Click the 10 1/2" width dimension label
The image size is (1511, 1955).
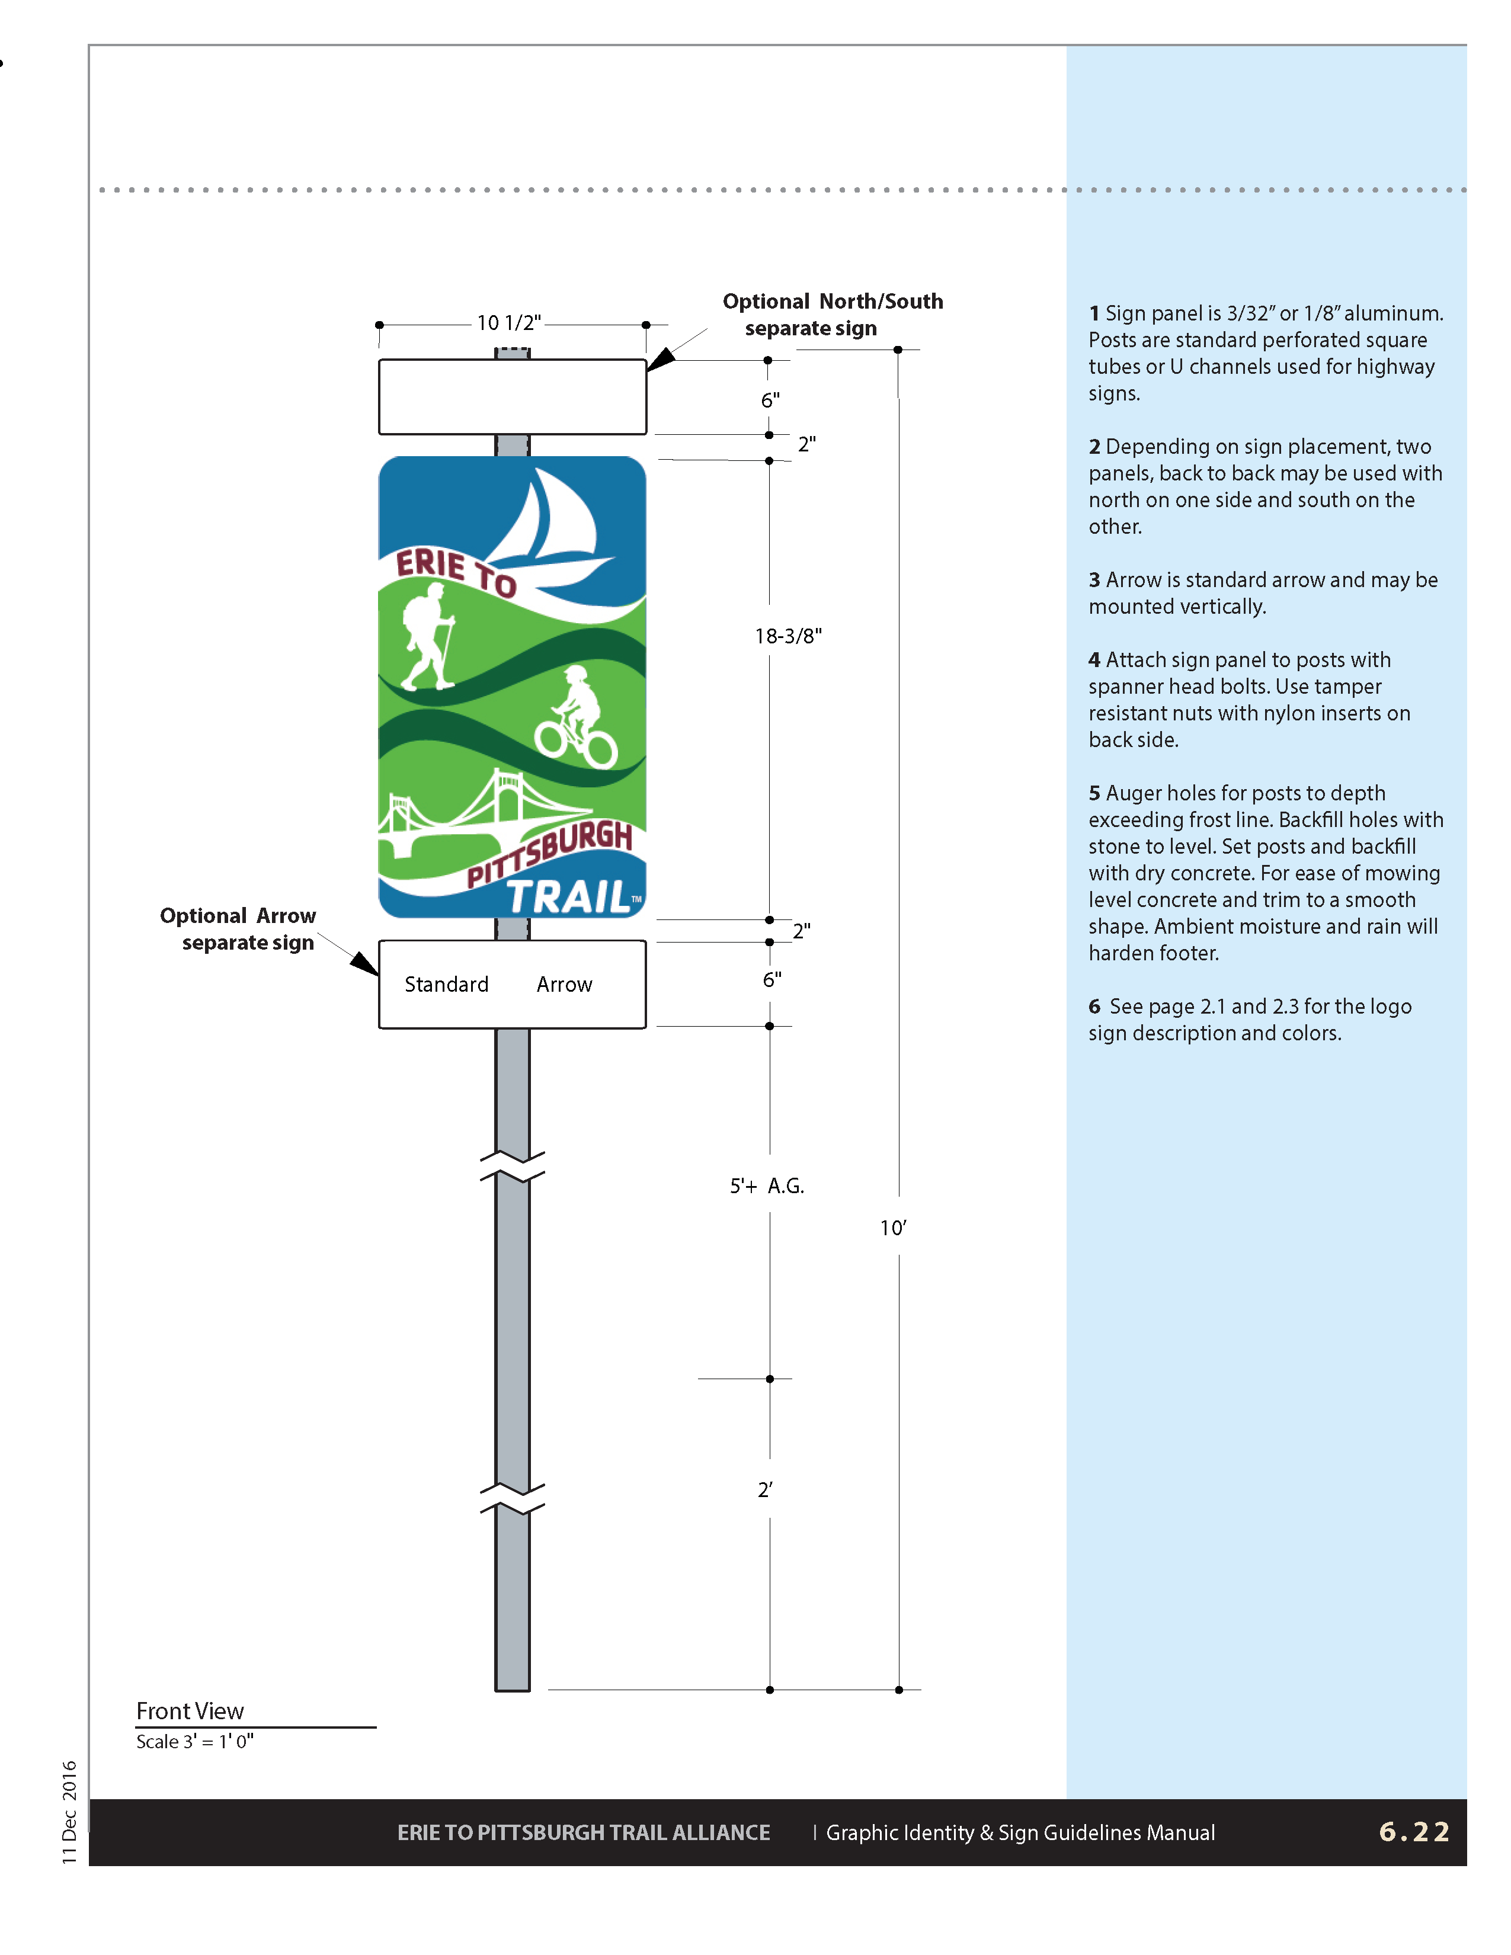coord(508,322)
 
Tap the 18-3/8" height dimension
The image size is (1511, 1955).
coord(787,636)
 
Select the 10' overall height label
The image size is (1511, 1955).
coord(892,1228)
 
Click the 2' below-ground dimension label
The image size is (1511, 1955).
coord(764,1489)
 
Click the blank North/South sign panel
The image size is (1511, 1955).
coord(512,396)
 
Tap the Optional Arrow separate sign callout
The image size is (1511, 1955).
coord(238,928)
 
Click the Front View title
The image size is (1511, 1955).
coord(190,1711)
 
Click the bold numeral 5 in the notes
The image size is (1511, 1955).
coord(1094,793)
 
